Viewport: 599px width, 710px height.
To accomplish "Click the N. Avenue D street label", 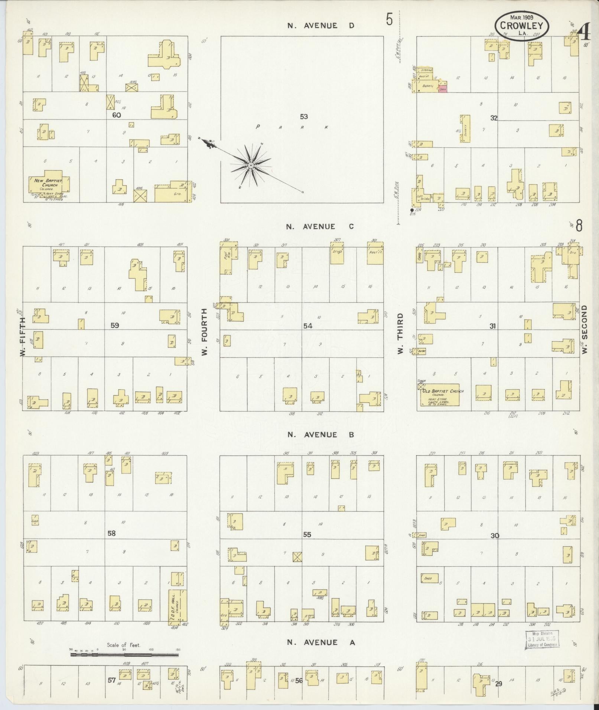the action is click(x=322, y=26).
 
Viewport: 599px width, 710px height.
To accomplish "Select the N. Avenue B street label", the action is click(x=321, y=434).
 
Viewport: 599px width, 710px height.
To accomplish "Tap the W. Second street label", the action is click(x=585, y=329).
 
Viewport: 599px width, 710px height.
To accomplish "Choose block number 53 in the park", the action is click(x=304, y=117).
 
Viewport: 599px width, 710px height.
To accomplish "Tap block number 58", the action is click(x=111, y=533).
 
